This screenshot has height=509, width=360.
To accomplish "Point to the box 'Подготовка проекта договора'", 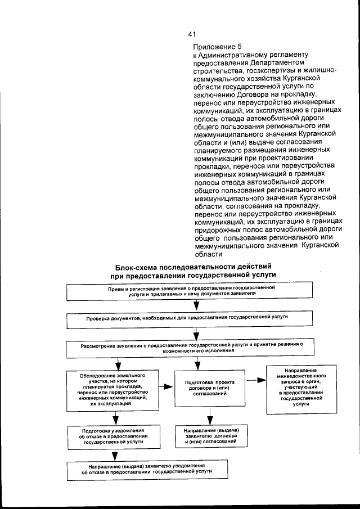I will click(x=209, y=389).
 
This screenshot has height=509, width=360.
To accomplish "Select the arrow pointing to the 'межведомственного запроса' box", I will click(x=256, y=380).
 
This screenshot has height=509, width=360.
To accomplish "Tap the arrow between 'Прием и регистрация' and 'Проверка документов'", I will click(x=196, y=305).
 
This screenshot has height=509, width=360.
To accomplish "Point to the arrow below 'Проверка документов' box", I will click(x=196, y=334).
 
